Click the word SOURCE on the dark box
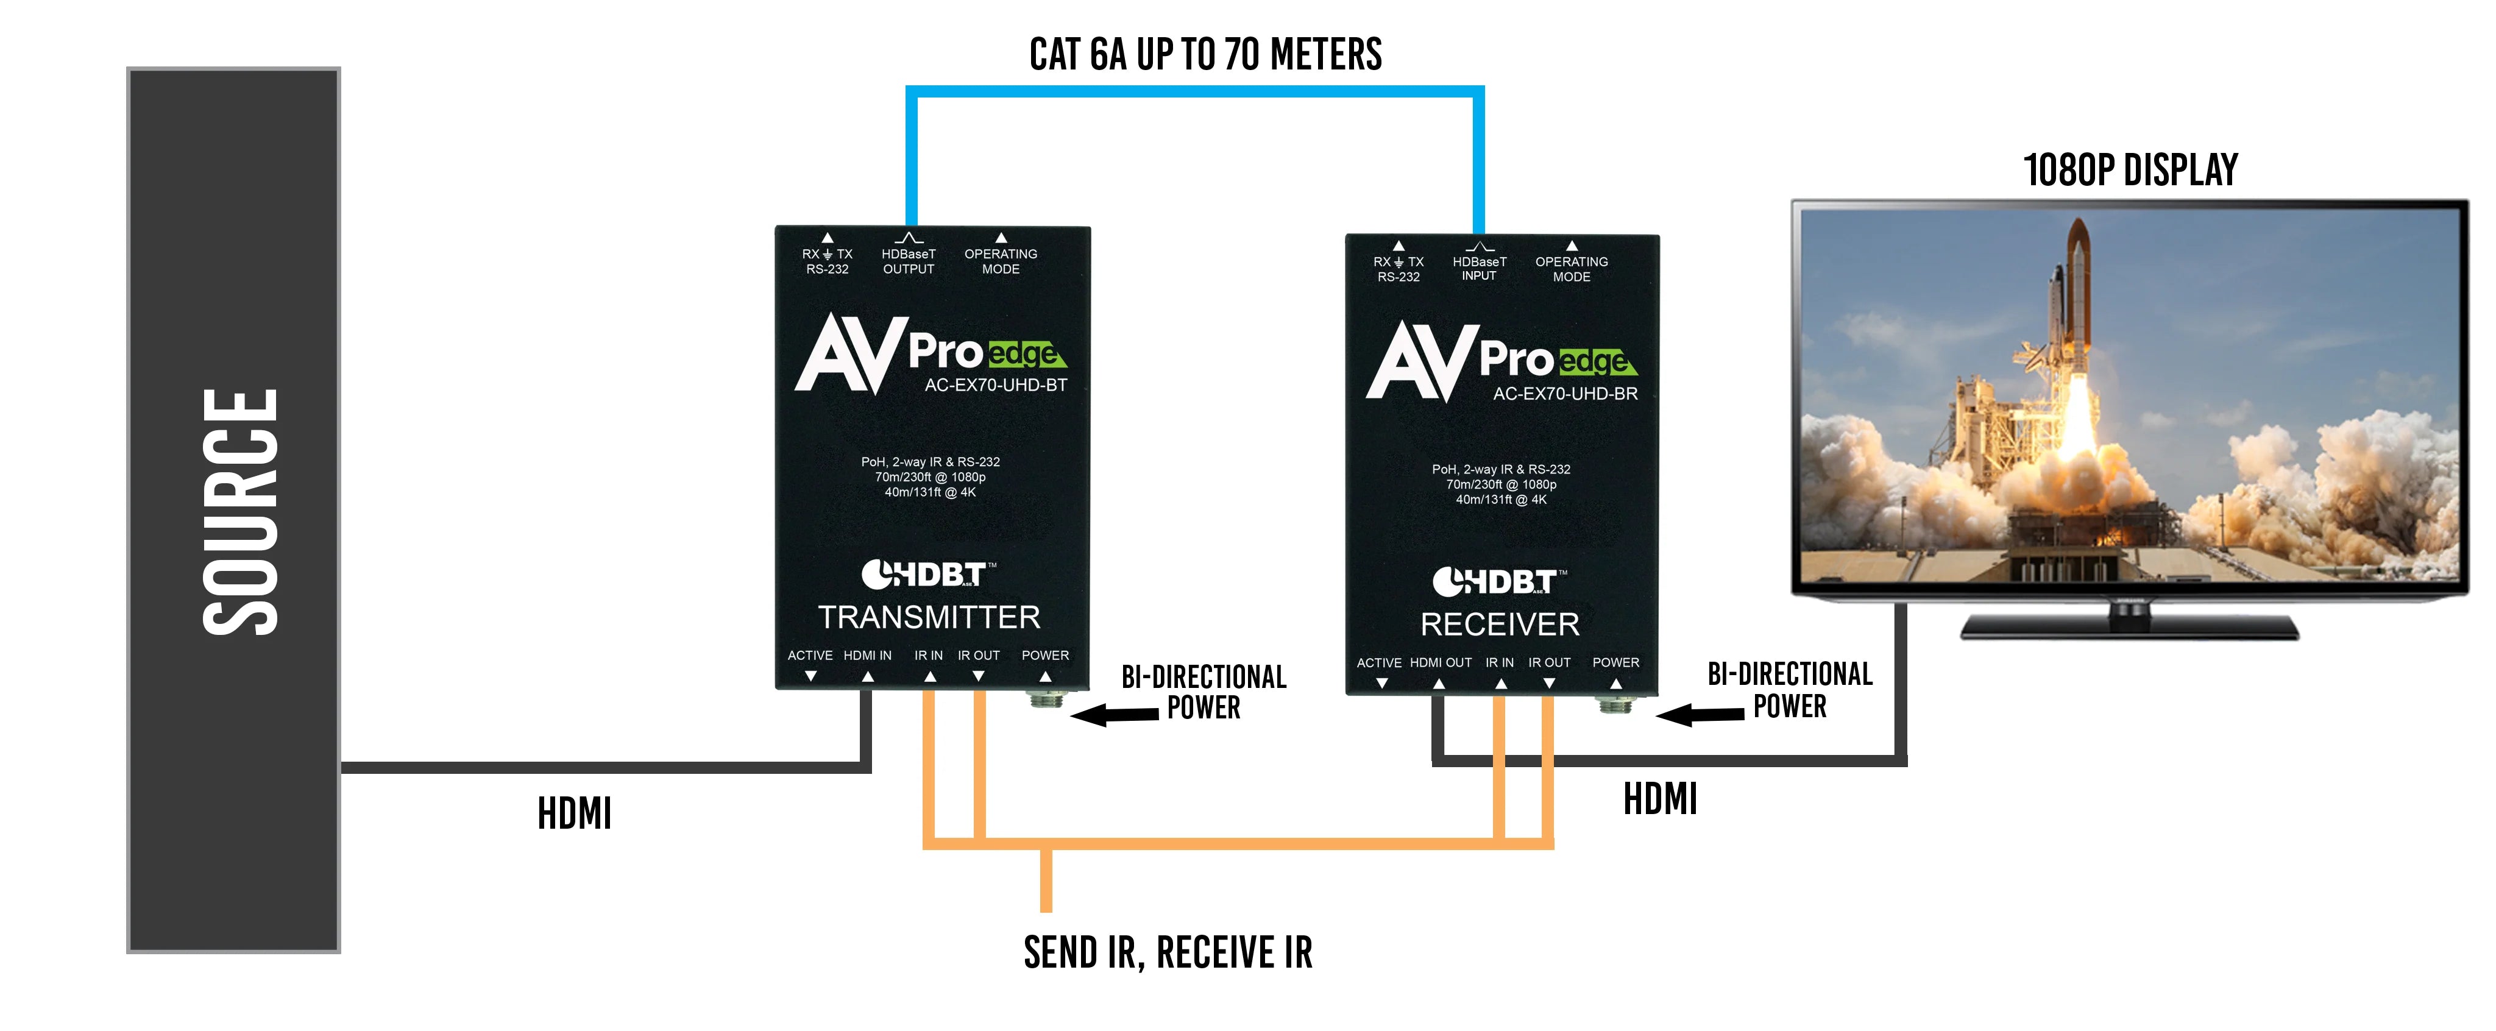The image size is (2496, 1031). [239, 512]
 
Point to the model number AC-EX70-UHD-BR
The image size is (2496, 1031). [1565, 394]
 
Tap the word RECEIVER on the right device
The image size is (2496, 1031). [1499, 624]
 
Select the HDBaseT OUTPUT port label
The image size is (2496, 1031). [908, 261]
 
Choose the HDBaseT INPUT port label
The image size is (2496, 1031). [1478, 268]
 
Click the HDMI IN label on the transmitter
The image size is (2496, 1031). [867, 656]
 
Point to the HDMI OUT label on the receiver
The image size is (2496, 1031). [1440, 663]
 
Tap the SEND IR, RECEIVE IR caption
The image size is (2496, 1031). [1168, 952]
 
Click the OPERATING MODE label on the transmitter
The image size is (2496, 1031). [1000, 261]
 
